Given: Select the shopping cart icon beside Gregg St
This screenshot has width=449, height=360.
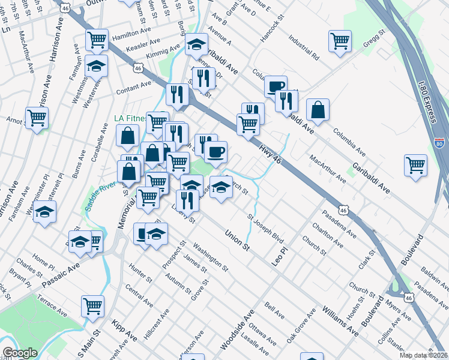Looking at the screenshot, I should coord(340,41).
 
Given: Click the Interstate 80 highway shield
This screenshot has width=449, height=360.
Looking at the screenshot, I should coord(440,143).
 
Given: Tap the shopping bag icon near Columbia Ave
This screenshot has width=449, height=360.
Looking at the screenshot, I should coord(318,110).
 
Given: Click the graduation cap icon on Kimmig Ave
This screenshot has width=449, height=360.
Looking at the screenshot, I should coord(196,44).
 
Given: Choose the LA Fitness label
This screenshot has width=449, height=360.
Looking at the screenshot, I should coord(131,118).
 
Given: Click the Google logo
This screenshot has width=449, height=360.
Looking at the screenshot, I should coord(20,353).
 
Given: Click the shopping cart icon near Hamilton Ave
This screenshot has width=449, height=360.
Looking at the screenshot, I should coord(97,40).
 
